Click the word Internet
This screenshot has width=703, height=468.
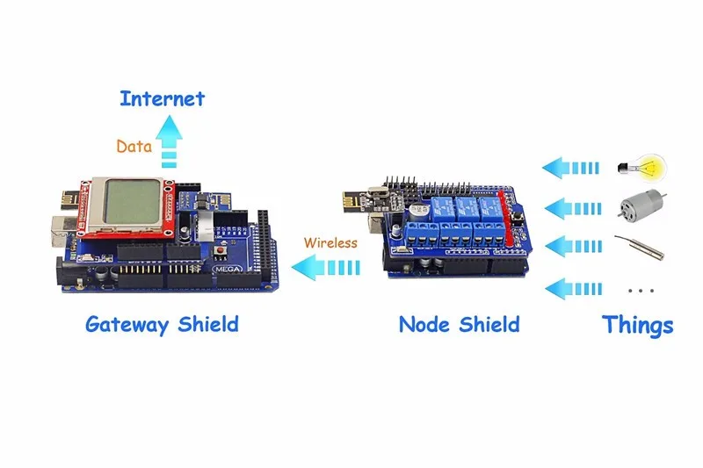pyautogui.click(x=163, y=98)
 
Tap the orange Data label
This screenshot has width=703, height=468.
pyautogui.click(x=134, y=147)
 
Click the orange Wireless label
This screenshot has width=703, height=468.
pyautogui.click(x=330, y=242)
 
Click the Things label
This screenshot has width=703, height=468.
pyautogui.click(x=638, y=325)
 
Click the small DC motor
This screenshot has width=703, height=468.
pyautogui.click(x=641, y=207)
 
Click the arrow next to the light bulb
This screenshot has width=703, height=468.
pyautogui.click(x=571, y=166)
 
